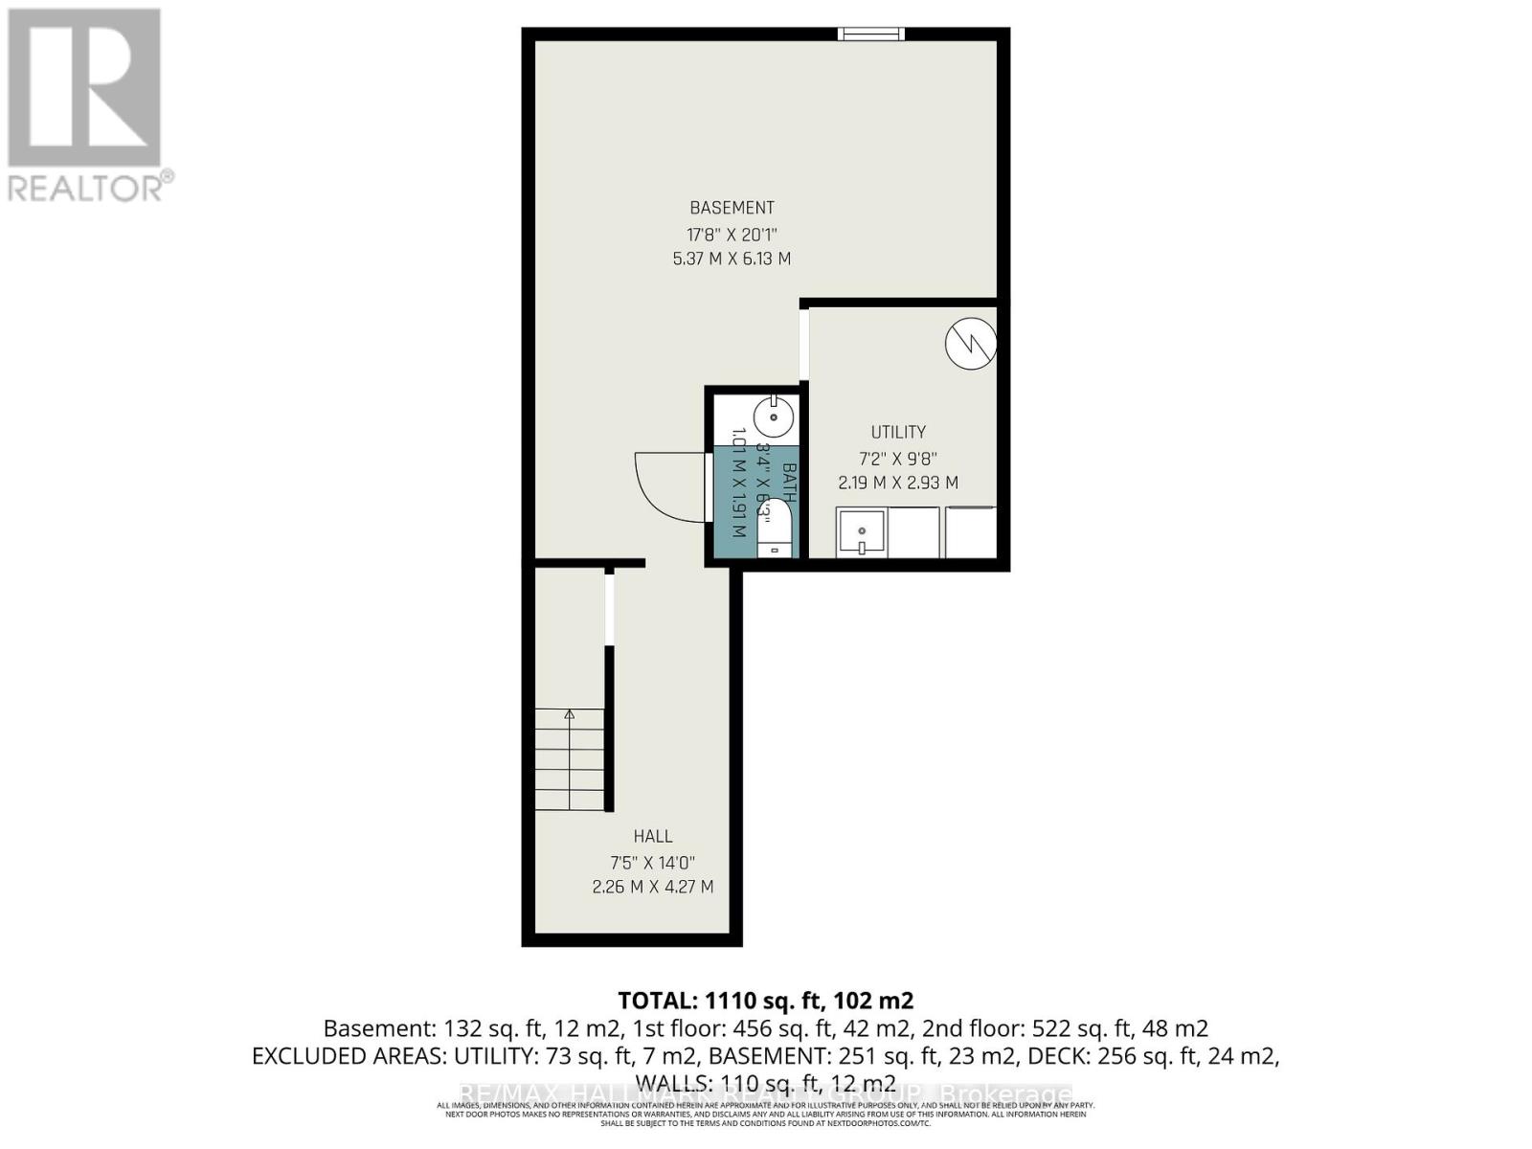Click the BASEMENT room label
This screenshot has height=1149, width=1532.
tap(732, 208)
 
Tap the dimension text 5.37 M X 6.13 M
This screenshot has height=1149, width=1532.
tap(732, 259)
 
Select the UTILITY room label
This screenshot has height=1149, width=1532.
tap(897, 432)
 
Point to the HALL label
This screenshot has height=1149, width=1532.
tap(652, 836)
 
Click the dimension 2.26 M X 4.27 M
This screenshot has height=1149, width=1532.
tap(652, 887)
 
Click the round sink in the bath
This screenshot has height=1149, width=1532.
tap(773, 417)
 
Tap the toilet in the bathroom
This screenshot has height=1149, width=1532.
tap(774, 531)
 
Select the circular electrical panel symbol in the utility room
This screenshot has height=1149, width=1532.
tap(971, 343)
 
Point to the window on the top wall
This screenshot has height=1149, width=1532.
tap(870, 34)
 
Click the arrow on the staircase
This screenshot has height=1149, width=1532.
tap(570, 714)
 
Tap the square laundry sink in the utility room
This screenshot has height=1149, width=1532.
tap(862, 532)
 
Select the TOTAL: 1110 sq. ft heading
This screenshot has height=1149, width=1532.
tap(765, 1001)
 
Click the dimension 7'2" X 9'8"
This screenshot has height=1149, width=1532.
tap(897, 459)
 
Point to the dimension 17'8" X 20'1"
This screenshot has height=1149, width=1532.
tap(732, 235)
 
